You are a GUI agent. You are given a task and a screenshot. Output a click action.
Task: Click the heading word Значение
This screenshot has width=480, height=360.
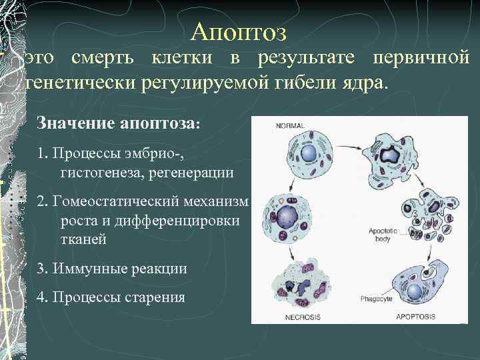(75, 123)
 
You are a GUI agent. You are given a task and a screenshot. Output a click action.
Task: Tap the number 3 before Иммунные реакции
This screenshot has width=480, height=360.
(41, 269)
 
